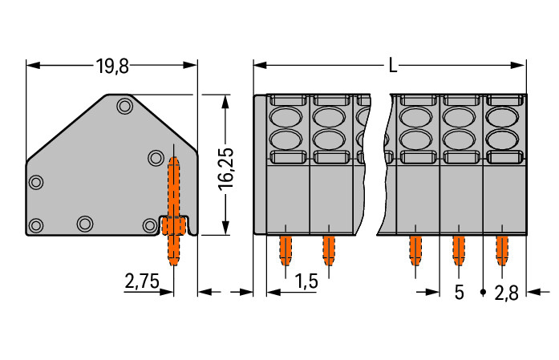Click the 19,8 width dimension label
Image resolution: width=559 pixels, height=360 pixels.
tap(112, 66)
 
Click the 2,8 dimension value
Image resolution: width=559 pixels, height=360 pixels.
tap(506, 292)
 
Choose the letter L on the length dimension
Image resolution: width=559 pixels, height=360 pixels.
tap(392, 66)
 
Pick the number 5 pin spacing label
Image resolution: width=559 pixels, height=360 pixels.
tap(460, 292)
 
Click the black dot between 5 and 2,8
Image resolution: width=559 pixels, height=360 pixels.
tap(483, 291)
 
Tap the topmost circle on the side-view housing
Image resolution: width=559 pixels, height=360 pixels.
tap(124, 105)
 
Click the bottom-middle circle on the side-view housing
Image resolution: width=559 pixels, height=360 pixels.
tap(84, 223)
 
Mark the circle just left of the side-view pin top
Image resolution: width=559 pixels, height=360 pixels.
tap(155, 158)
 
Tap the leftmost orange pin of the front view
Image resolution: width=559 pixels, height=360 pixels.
tap(286, 250)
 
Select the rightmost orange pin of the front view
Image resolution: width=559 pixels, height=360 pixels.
tap(502, 250)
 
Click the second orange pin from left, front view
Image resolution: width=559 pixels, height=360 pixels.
tap(328, 250)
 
